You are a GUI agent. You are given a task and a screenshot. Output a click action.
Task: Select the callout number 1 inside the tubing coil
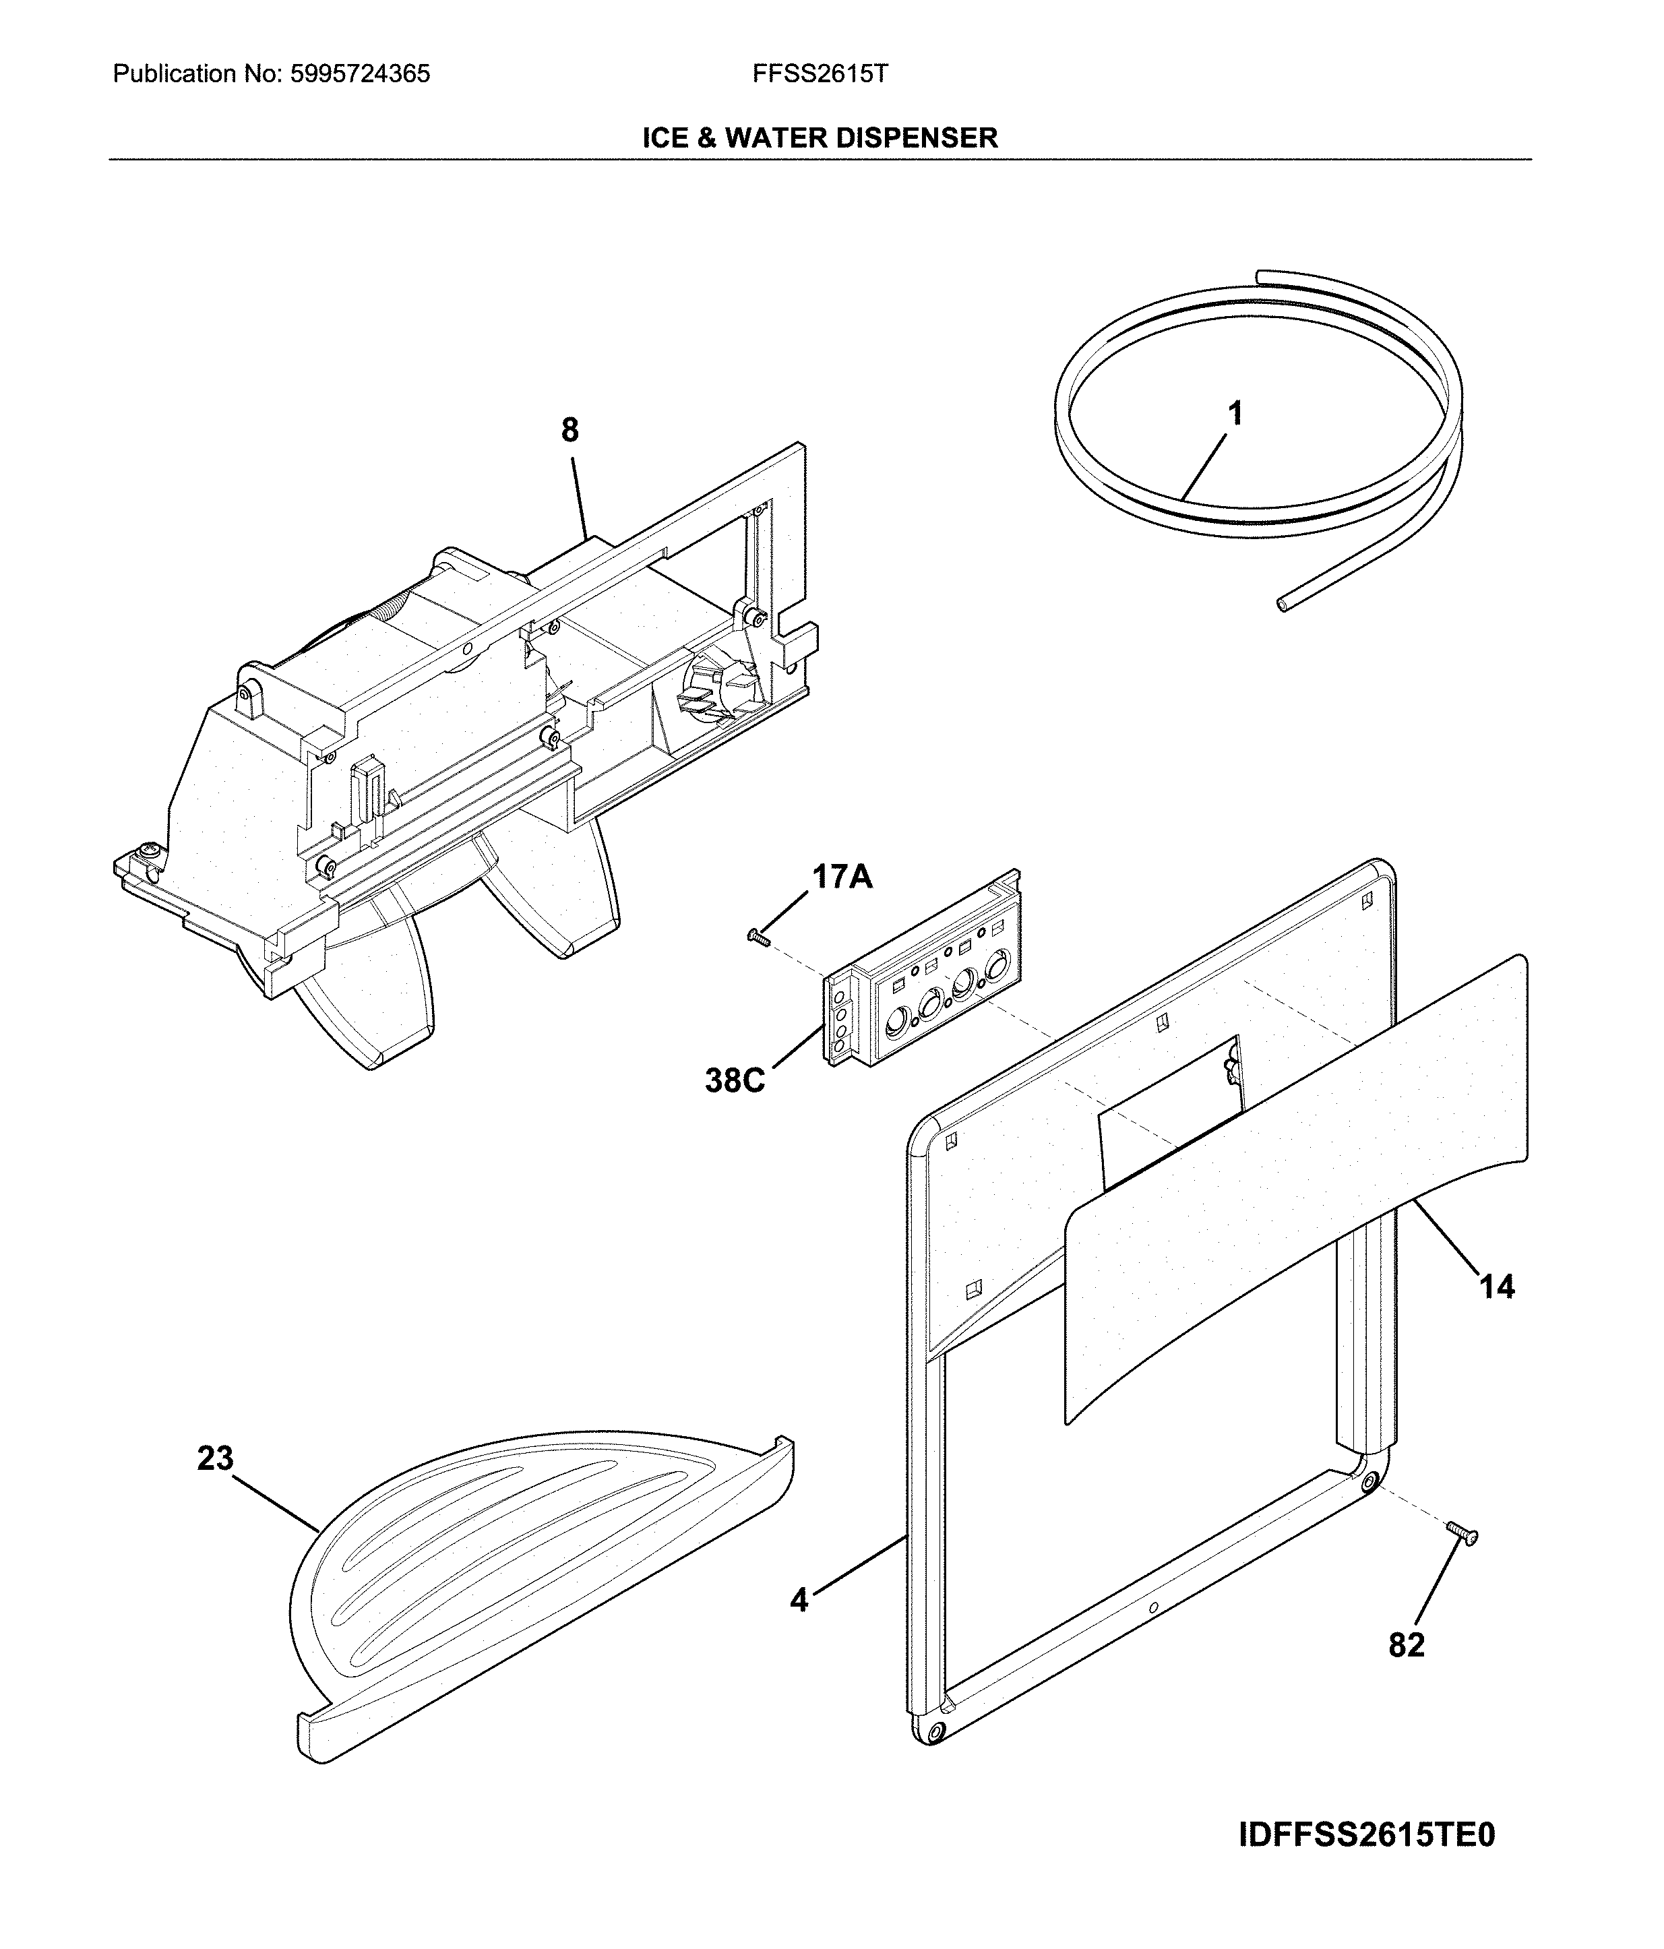(x=1235, y=413)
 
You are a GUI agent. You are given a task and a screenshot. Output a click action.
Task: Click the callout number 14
(x=1498, y=1286)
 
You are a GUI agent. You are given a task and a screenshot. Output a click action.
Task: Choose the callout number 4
(x=799, y=1599)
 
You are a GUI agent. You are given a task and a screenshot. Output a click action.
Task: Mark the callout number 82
(x=1407, y=1644)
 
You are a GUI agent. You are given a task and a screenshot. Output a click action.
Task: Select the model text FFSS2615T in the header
(x=820, y=74)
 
